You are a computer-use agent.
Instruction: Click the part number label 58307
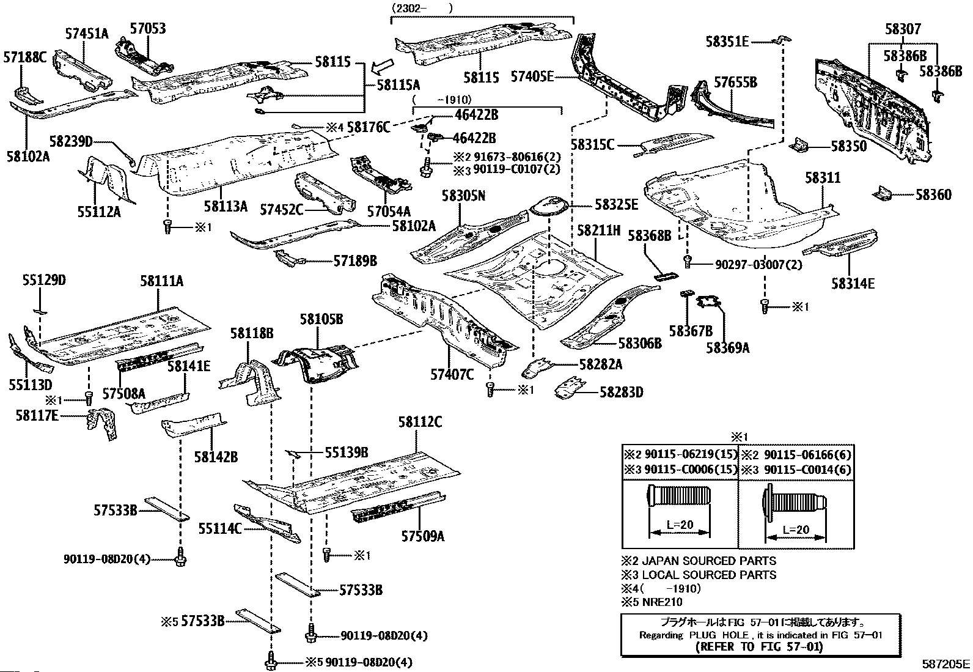903,29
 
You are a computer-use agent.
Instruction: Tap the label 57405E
532,77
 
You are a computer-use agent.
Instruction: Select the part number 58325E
617,204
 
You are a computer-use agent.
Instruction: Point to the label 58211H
599,230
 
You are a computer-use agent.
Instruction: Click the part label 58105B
321,319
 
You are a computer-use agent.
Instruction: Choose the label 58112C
420,422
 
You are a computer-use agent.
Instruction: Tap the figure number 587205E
946,663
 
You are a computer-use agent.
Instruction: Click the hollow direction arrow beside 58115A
382,67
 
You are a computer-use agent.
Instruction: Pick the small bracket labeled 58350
798,145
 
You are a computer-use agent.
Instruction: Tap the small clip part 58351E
782,40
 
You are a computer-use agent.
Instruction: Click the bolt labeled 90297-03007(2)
687,262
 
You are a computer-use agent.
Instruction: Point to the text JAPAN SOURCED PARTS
709,561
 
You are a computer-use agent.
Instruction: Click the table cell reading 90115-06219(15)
681,455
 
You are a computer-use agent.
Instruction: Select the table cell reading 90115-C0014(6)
796,470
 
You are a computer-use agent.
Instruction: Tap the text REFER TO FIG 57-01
760,647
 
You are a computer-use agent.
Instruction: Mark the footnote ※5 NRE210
652,602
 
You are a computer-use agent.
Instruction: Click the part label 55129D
44,281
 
